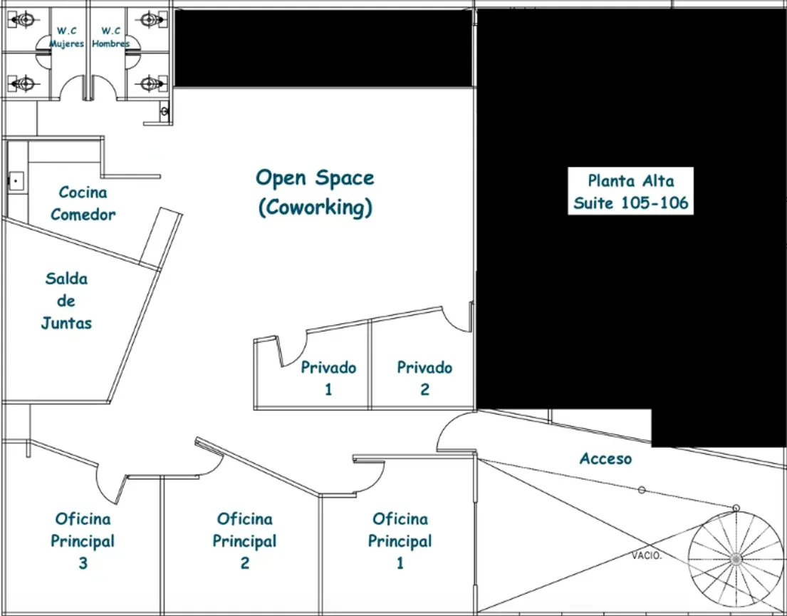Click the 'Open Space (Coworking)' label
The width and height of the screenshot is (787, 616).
(316, 192)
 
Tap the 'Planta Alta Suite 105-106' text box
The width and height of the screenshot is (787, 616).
(630, 191)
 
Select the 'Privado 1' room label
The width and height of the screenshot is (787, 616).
(328, 378)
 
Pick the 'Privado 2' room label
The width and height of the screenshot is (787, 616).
(424, 378)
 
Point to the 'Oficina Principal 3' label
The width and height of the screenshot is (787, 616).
(83, 540)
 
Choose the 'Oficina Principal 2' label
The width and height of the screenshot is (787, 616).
(244, 540)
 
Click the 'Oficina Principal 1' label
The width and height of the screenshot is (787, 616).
(400, 540)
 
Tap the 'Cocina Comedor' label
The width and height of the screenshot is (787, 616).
(83, 203)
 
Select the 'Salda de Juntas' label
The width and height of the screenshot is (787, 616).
(66, 300)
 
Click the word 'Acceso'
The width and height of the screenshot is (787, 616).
(605, 458)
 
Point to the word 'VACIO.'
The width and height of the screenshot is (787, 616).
(647, 555)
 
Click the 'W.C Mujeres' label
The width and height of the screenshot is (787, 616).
(66, 37)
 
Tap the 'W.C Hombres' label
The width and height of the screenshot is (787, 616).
(110, 37)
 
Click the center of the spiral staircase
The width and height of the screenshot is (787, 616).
(736, 559)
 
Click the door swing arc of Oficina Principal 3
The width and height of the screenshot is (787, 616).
(103, 490)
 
